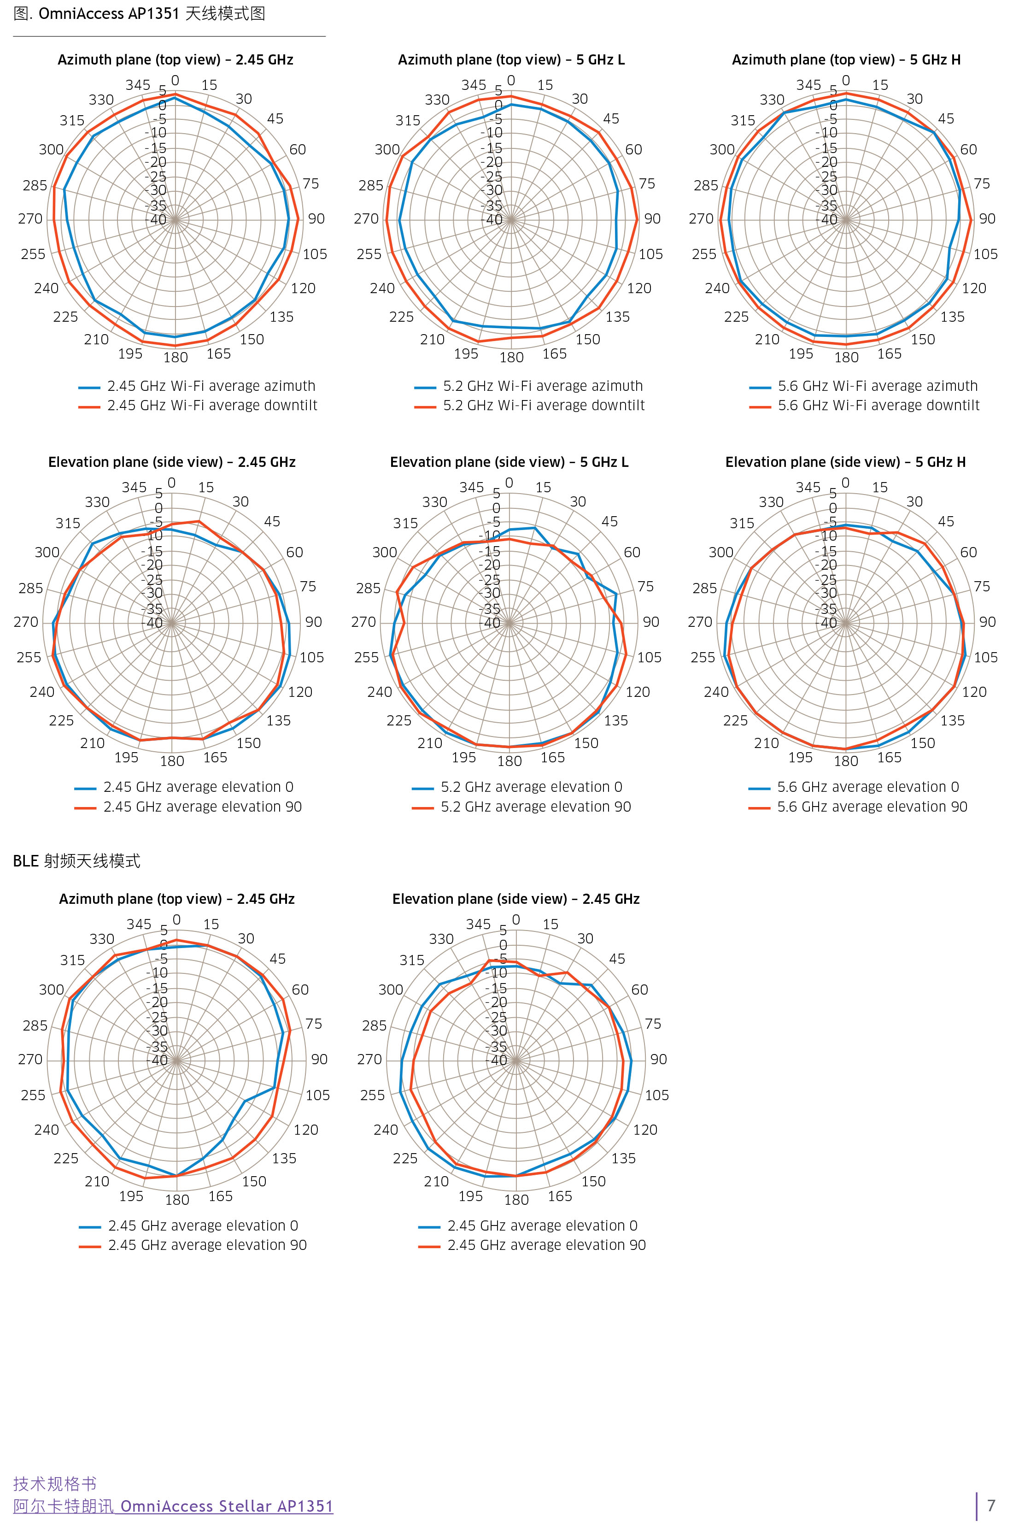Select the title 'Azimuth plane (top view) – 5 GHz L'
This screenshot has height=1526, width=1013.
pyautogui.click(x=511, y=60)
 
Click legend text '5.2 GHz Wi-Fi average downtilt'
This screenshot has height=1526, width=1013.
pyautogui.click(x=543, y=406)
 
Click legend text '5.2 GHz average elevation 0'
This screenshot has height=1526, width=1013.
pyautogui.click(x=531, y=787)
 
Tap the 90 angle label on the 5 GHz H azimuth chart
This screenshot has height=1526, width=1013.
pyautogui.click(x=987, y=219)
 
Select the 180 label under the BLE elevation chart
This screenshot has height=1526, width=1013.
pyautogui.click(x=516, y=1200)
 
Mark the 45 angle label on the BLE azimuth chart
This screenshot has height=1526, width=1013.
pyautogui.click(x=278, y=959)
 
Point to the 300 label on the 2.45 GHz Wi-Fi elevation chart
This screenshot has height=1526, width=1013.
pyautogui.click(x=47, y=553)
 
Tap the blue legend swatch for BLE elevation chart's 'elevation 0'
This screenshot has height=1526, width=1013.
pyautogui.click(x=429, y=1226)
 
